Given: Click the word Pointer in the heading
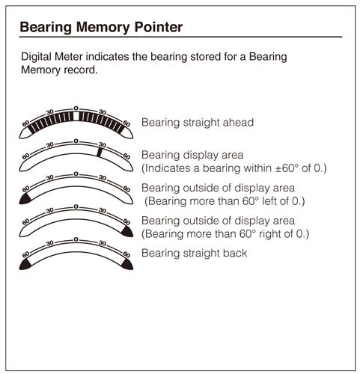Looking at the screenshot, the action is coord(159,27).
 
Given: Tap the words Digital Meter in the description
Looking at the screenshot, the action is coord(52,57).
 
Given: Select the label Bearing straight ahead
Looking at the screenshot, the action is coord(198,123).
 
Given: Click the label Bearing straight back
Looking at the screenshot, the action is coord(194,253).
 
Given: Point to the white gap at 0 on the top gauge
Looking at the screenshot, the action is coord(76,116).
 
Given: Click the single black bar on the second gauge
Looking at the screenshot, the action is coord(100,153).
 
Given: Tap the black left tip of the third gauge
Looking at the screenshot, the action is coord(25,199).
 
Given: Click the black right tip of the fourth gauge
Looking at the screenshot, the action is coord(127,232).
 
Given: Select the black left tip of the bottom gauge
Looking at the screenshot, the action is coord(25,265).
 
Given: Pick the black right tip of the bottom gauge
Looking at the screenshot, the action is coord(127,265).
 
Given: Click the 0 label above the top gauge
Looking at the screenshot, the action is coord(76,108).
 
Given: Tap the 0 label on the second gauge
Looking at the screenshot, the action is coord(76,141).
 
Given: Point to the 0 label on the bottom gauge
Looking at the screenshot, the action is coord(76,239).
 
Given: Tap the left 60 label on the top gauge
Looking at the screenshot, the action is coord(26,123).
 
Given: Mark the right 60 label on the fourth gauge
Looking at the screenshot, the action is coord(126,221).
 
